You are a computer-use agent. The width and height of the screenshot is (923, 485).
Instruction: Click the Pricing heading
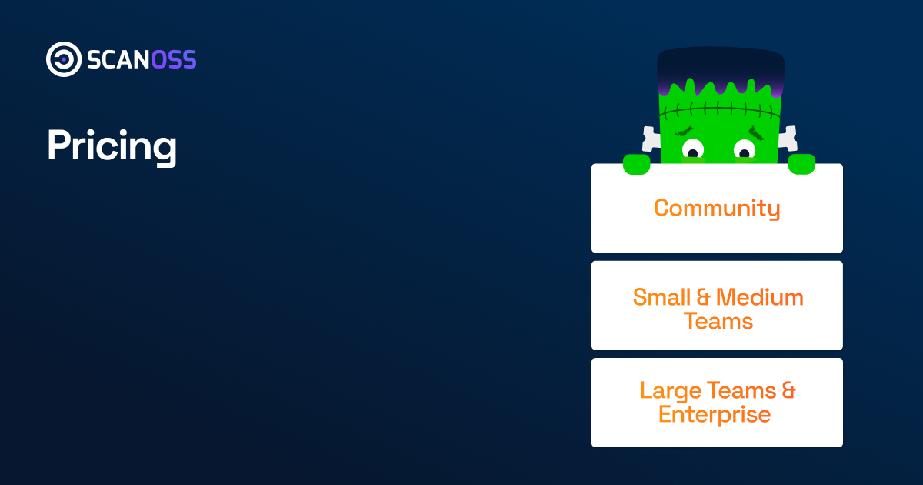tap(112, 145)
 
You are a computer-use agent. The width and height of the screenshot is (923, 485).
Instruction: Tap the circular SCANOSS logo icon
tap(63, 59)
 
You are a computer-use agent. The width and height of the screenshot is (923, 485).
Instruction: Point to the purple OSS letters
tap(174, 60)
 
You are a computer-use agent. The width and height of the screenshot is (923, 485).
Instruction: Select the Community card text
tap(717, 208)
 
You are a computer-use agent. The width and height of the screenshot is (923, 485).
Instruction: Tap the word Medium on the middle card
tap(760, 297)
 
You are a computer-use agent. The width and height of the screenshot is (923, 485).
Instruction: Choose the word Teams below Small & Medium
tap(718, 321)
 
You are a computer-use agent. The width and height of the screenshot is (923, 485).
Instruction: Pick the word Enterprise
tap(715, 414)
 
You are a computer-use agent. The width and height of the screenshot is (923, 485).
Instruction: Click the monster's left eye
tap(692, 148)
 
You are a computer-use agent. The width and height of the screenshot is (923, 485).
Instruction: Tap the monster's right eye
tap(745, 148)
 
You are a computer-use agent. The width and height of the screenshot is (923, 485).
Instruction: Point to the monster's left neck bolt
tap(651, 139)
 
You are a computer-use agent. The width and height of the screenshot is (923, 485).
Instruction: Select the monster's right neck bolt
tap(787, 139)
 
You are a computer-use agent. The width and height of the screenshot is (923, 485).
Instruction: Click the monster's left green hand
tap(636, 163)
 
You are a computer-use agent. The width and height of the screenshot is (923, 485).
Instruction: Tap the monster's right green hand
tap(801, 163)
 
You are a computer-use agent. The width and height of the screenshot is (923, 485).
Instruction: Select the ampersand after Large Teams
tap(788, 390)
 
